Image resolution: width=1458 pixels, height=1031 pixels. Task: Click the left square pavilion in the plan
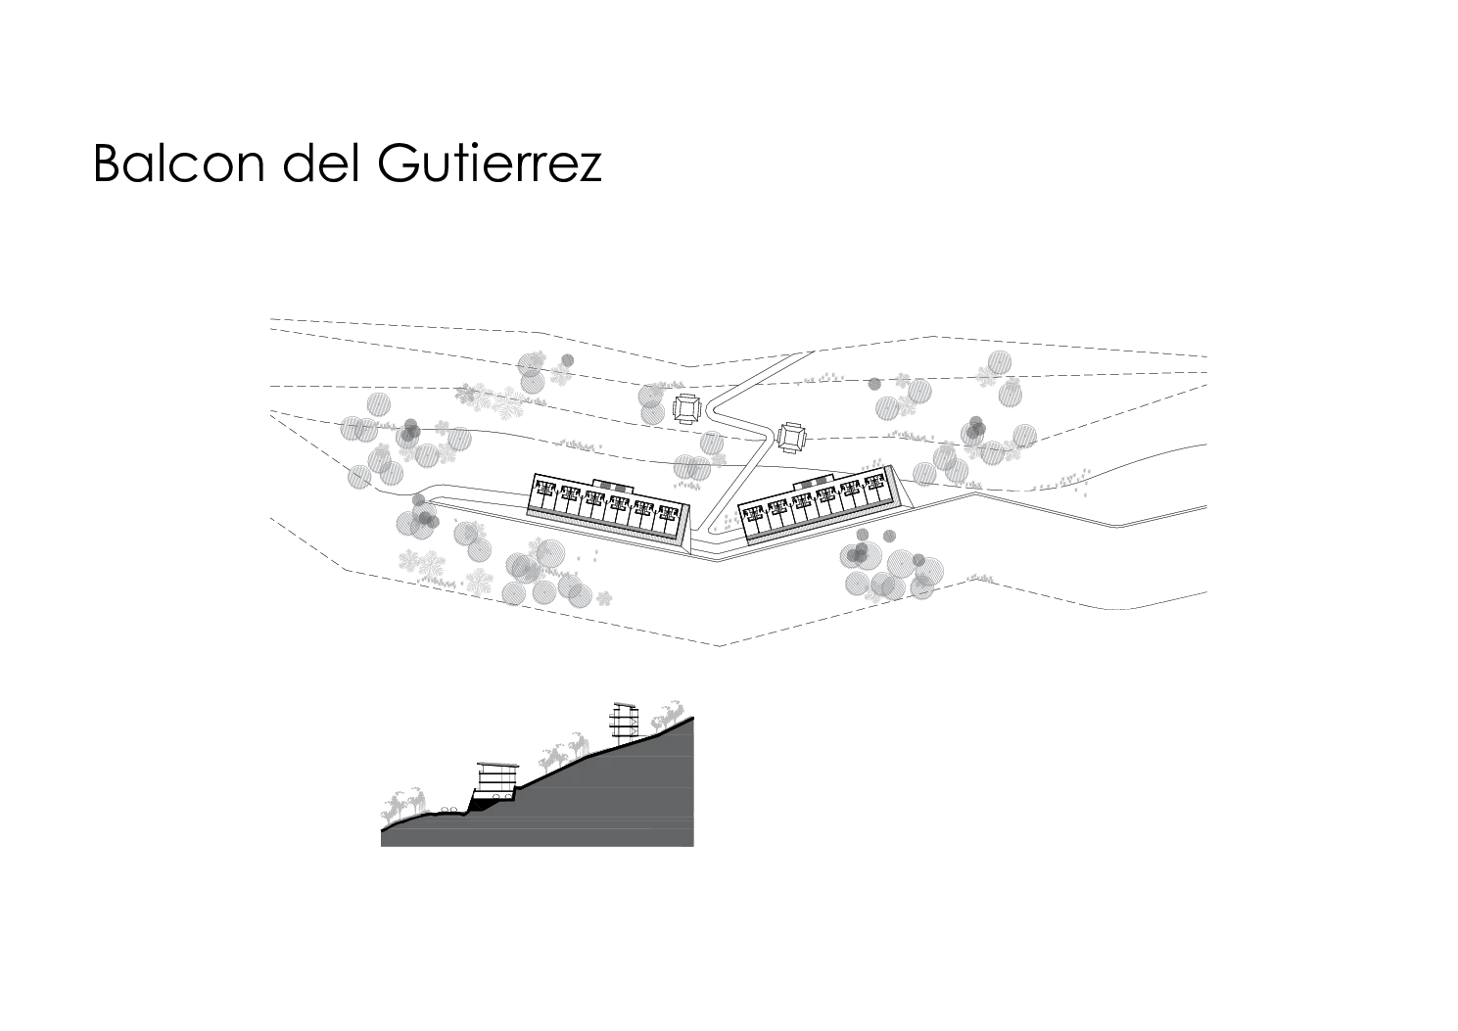pos(687,410)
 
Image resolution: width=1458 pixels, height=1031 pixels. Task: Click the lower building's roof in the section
pos(498,764)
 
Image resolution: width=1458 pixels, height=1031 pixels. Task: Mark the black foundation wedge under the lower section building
pos(480,805)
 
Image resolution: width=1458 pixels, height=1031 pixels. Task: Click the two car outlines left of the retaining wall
pos(448,810)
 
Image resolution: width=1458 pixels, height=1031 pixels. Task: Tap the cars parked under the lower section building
pos(498,796)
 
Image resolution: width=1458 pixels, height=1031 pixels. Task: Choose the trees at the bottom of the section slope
pos(403,806)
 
